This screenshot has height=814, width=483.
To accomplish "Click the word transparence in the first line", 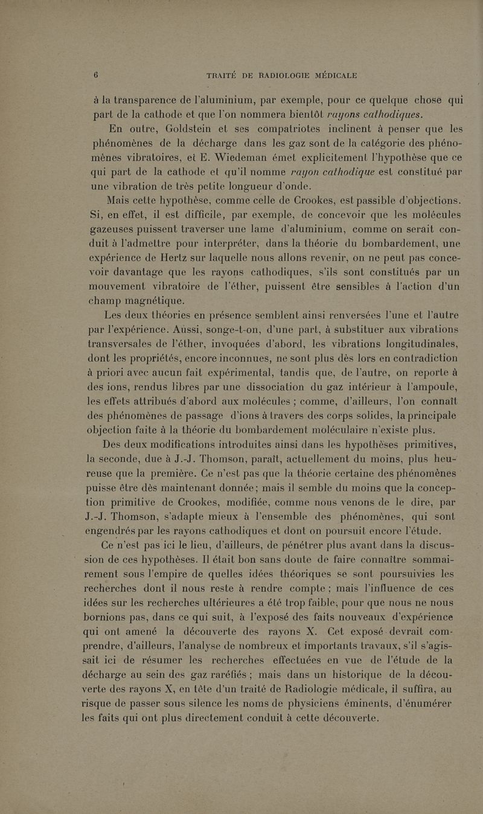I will coord(158,101).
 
